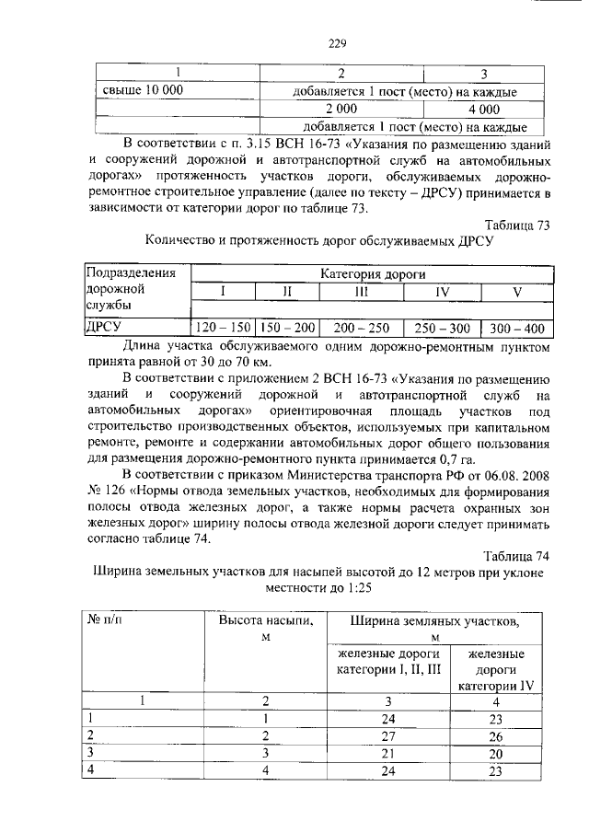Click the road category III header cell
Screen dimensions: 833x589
point(361,292)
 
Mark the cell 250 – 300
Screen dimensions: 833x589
point(442,328)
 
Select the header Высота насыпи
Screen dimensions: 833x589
point(265,621)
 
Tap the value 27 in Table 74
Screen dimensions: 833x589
point(387,735)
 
